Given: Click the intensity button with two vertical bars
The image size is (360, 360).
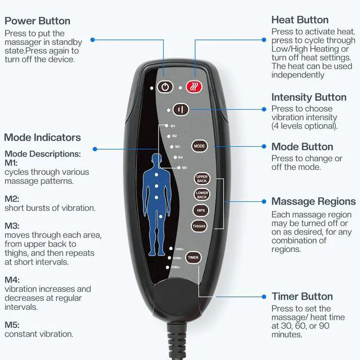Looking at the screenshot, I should tap(180, 110).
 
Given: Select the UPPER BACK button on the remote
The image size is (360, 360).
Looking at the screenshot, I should tap(202, 179).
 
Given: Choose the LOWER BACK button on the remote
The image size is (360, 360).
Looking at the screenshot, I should tap(202, 195).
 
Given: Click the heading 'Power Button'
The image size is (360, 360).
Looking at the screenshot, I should tap(37, 21).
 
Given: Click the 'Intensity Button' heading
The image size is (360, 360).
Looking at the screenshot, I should tap(309, 97).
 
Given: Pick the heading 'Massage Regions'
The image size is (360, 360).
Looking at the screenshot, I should tap(313, 201).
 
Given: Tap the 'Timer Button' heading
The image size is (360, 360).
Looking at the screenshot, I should tap(302, 296).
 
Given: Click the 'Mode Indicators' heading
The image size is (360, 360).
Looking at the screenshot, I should tap(42, 137).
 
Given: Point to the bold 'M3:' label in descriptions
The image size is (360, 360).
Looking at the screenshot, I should tap(12, 226).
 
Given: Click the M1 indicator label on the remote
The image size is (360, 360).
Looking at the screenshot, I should tap(173, 126).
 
